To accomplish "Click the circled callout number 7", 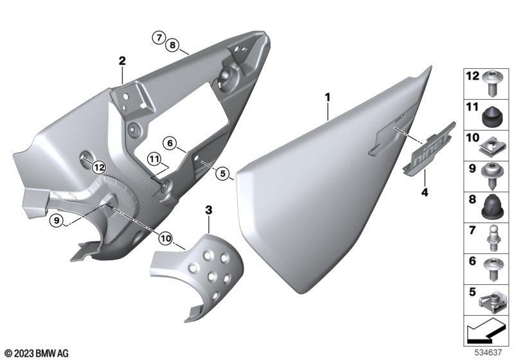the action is click(159, 37).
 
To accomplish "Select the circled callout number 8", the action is click(172, 45).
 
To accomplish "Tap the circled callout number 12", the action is click(99, 168).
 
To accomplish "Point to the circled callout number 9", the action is click(57, 221).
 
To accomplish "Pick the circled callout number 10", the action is click(166, 239).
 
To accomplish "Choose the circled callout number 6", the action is click(170, 143).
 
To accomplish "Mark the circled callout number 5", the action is click(223, 174).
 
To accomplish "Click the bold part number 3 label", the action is click(209, 210).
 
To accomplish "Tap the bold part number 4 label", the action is click(425, 192).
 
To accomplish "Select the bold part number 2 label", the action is click(122, 61).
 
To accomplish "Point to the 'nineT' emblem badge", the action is click(429, 149).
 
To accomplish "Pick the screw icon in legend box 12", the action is click(491, 84).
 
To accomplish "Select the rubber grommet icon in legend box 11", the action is click(491, 116).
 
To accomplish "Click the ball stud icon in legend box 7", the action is click(492, 238).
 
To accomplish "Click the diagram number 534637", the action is click(488, 352).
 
